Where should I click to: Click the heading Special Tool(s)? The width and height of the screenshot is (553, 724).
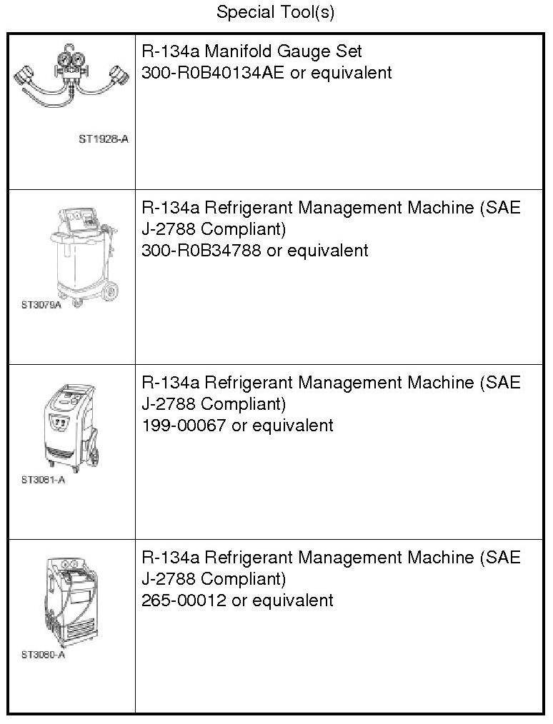click(x=275, y=12)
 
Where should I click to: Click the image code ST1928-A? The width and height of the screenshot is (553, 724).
click(x=104, y=139)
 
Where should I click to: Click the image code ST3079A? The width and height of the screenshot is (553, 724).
click(x=41, y=305)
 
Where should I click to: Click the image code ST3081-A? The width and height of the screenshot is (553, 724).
click(x=43, y=480)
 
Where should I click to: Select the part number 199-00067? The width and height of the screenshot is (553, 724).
click(x=184, y=426)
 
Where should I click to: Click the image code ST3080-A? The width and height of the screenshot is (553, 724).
click(x=43, y=655)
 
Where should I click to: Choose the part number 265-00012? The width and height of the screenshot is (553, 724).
click(x=184, y=600)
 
